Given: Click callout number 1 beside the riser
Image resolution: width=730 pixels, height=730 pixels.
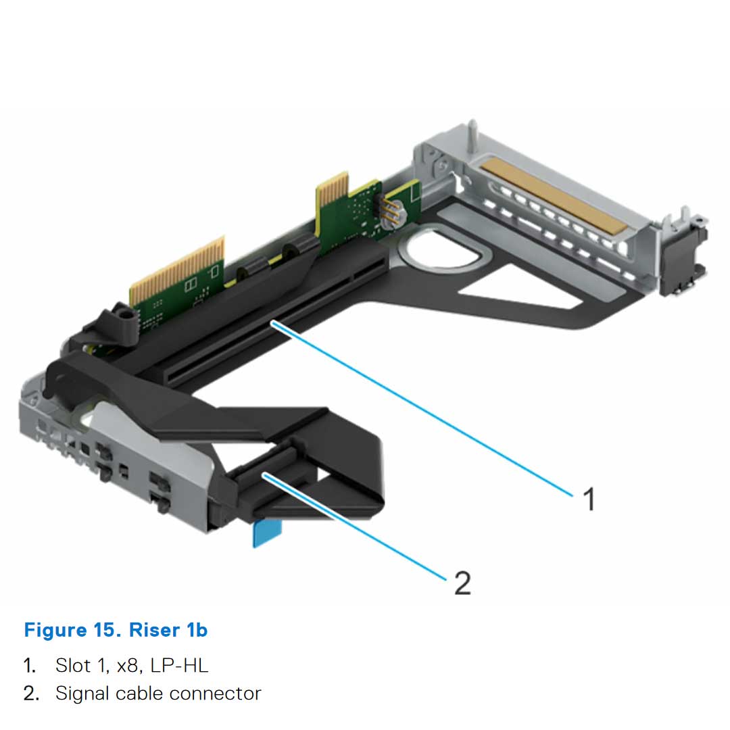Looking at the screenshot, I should (x=589, y=500).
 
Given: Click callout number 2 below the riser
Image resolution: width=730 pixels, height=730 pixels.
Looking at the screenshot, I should (x=462, y=582).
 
